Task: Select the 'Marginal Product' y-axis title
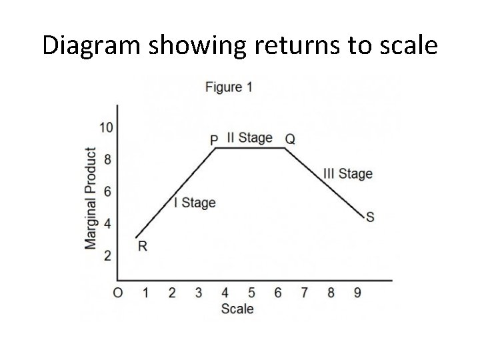click(x=91, y=199)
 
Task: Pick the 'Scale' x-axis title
click(x=237, y=309)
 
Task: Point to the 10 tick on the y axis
click(x=105, y=127)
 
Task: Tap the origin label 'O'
click(x=118, y=293)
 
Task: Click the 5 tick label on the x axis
click(x=251, y=293)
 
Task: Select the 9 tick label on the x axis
click(x=357, y=293)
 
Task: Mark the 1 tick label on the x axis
click(x=145, y=293)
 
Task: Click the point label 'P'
click(x=214, y=140)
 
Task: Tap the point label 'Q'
click(x=290, y=139)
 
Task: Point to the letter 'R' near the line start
click(x=143, y=247)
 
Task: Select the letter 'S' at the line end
click(x=370, y=217)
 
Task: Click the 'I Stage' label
click(x=195, y=203)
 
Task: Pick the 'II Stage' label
click(x=250, y=137)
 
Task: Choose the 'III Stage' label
click(x=347, y=174)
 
